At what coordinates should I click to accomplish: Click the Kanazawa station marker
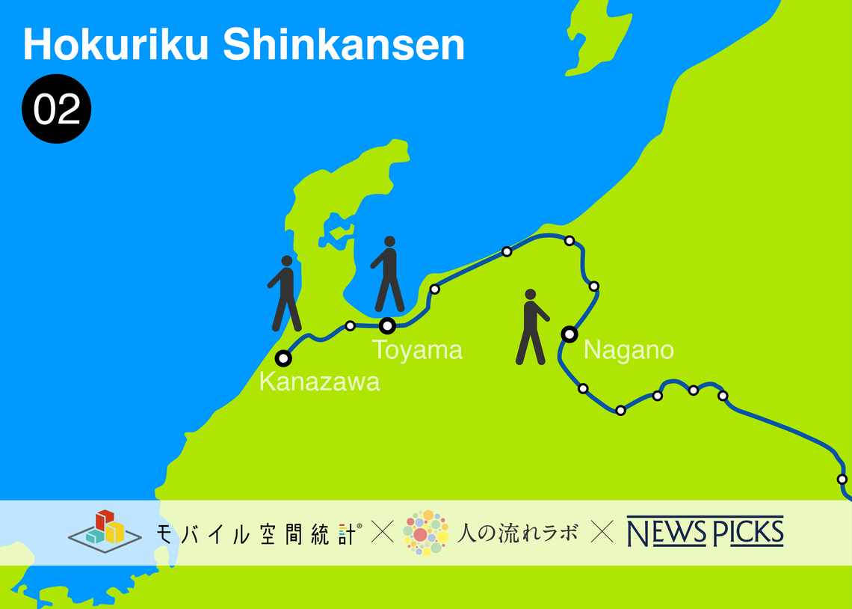click(x=283, y=358)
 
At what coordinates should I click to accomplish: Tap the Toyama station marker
click(x=387, y=325)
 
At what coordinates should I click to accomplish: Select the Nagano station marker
click(x=569, y=334)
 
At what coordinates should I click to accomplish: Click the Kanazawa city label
click(x=319, y=382)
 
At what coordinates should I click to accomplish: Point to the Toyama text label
click(x=417, y=349)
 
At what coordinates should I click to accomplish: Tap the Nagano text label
click(x=629, y=349)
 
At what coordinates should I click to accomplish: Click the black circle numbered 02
click(x=56, y=109)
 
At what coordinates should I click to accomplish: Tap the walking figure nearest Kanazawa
click(x=285, y=293)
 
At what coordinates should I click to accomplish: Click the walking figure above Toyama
click(x=389, y=275)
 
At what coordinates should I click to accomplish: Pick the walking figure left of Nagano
click(x=531, y=327)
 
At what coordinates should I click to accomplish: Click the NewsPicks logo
click(x=705, y=532)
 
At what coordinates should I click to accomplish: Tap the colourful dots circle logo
click(x=425, y=533)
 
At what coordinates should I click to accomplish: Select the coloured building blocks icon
click(x=105, y=528)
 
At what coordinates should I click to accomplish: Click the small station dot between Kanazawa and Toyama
click(x=350, y=325)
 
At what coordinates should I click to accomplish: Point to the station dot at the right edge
click(x=842, y=479)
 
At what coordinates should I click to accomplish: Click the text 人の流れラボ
click(x=517, y=533)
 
